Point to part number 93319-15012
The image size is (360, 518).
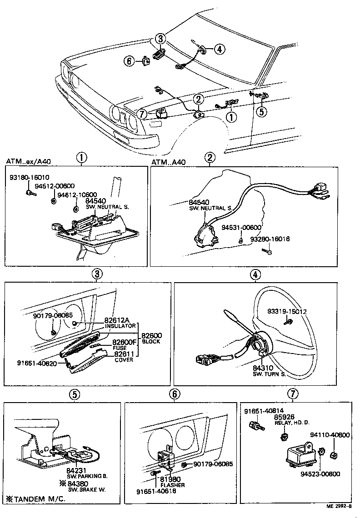click(x=287, y=312)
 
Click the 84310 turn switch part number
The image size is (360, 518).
click(x=263, y=368)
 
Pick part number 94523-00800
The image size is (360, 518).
click(x=320, y=474)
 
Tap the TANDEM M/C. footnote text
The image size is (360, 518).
click(x=35, y=499)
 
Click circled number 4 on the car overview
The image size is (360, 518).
click(x=219, y=49)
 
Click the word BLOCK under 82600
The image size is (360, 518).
click(x=151, y=342)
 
